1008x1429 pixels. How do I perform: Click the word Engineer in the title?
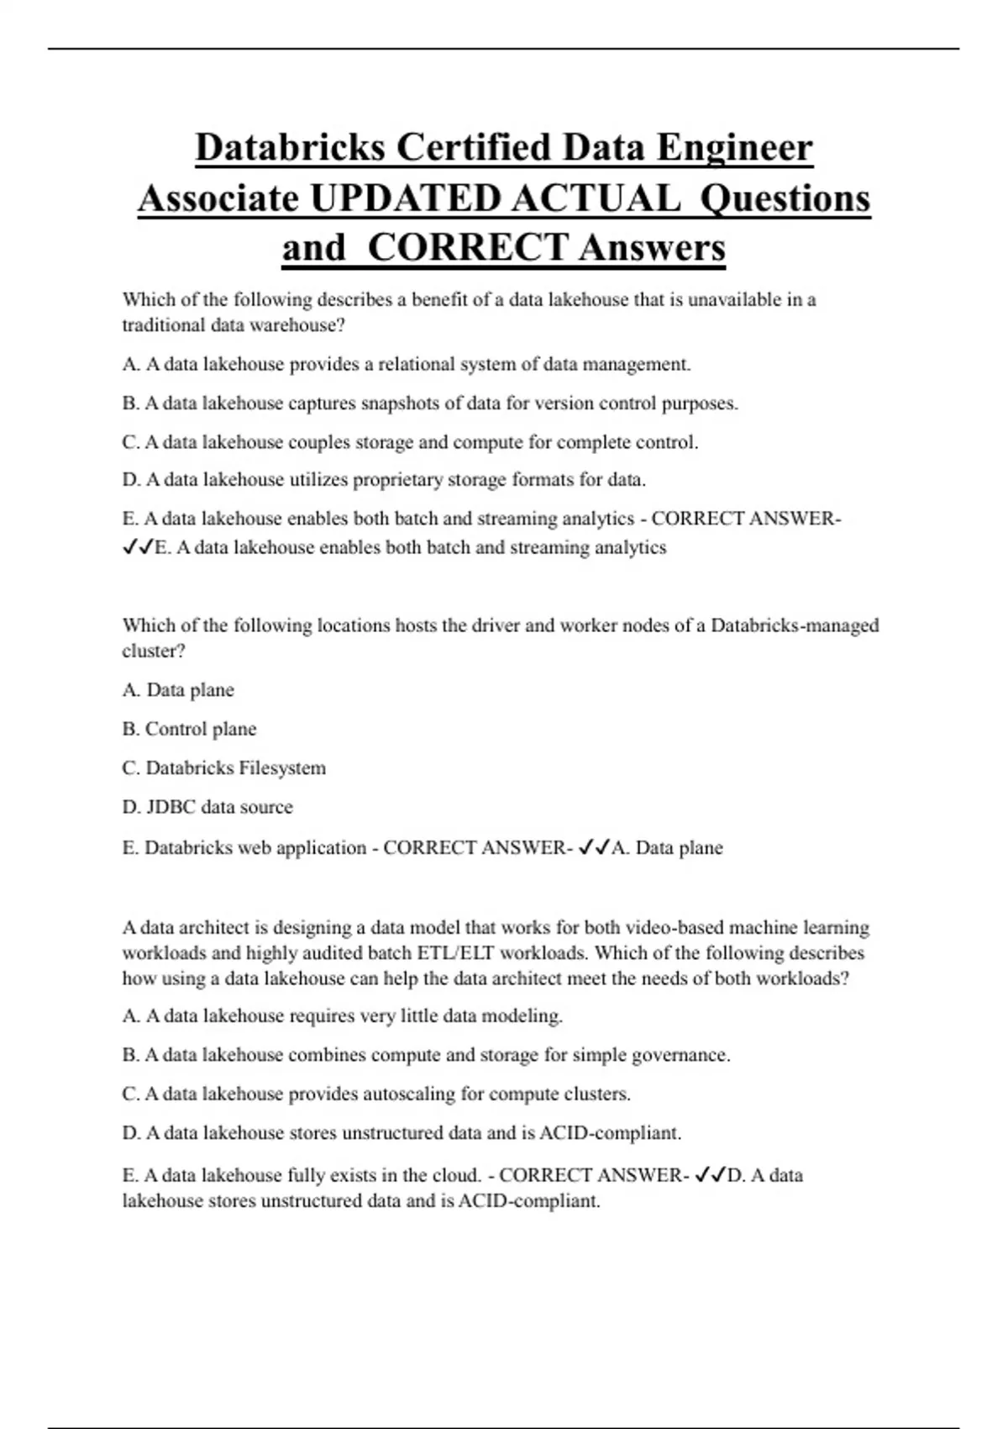pos(734,148)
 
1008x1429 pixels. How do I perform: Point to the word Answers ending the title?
pos(651,248)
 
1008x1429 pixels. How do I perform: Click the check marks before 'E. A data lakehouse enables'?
pos(138,548)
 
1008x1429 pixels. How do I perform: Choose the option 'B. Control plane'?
pos(189,729)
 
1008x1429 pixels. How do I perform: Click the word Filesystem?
pos(281,768)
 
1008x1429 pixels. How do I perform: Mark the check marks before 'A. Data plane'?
pos(594,847)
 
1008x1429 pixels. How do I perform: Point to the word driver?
pos(495,625)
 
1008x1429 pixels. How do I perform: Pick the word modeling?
pos(526,1016)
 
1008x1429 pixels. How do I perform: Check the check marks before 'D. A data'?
pos(710,1175)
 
